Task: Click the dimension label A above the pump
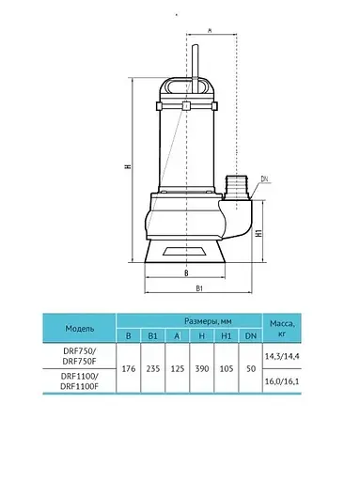211,30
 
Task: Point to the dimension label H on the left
128,166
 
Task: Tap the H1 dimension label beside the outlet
258,232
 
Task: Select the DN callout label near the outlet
264,178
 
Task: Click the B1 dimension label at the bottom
199,288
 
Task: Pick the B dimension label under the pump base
186,273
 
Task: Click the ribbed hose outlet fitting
236,187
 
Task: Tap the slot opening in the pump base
184,251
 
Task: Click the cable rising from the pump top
196,69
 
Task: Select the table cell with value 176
129,369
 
